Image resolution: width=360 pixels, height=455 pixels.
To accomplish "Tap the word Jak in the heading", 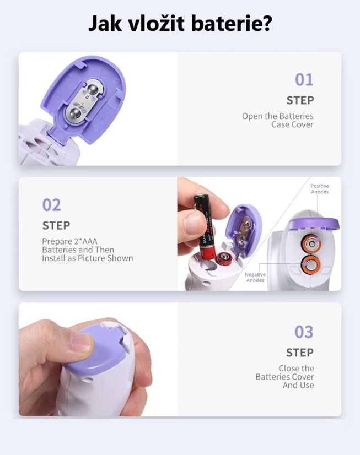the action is (x=105, y=23).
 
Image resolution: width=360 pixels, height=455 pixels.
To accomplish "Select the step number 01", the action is (x=304, y=80).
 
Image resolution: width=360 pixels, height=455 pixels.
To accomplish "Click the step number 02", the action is (x=52, y=205).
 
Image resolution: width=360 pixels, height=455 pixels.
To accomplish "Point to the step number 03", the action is (x=304, y=332).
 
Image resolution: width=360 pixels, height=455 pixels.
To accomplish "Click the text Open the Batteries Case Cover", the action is (x=278, y=120).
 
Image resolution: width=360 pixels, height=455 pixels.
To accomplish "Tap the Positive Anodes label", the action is (x=320, y=189).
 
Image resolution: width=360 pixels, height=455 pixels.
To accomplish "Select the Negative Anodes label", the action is (x=255, y=277).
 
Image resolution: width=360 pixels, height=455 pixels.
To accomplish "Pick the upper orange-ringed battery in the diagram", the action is (x=310, y=243).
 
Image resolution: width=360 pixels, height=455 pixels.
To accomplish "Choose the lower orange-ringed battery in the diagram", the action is (x=310, y=264).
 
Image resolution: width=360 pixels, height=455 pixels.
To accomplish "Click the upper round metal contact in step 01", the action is (x=93, y=90).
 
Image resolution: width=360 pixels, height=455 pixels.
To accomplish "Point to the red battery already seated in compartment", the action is (x=223, y=258).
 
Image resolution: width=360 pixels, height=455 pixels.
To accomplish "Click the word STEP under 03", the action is (x=300, y=353).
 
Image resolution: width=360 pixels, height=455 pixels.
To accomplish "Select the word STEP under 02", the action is (x=56, y=225).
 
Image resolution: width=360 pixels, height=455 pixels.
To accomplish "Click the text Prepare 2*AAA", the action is (x=69, y=241).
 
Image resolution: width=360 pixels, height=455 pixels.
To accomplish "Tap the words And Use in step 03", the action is (x=298, y=386).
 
